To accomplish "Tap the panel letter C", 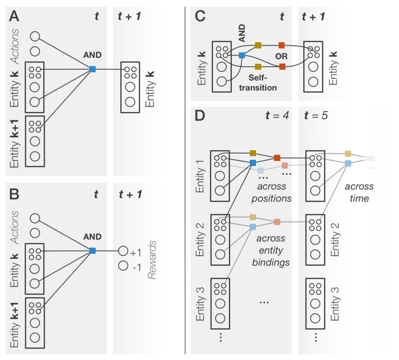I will (x=200, y=18).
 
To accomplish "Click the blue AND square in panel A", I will (x=92, y=70).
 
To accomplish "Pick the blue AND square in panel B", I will (x=92, y=251).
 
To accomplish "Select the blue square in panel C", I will (x=241, y=56).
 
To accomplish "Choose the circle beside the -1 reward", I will (x=122, y=266).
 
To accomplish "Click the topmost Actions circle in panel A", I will (x=35, y=36).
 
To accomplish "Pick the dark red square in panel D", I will (x=277, y=158).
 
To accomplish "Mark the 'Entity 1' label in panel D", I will (x=200, y=176).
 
